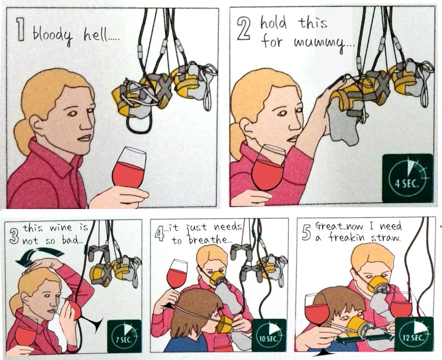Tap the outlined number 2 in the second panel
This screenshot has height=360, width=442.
click(x=244, y=29)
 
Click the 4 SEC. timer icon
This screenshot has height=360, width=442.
click(x=408, y=178)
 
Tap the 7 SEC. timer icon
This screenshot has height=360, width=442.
click(x=124, y=336)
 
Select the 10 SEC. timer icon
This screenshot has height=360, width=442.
click(x=269, y=336)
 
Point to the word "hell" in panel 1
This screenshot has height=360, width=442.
click(x=94, y=35)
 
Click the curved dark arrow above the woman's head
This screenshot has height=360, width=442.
click(x=39, y=256)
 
